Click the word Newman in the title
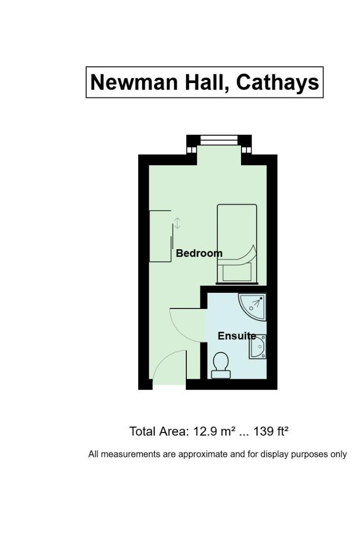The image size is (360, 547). pyautogui.click(x=135, y=83)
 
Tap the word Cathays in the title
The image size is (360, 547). pyautogui.click(x=277, y=83)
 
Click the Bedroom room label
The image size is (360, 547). pyautogui.click(x=199, y=253)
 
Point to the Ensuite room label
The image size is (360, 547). pyautogui.click(x=237, y=336)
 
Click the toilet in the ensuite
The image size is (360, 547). pyautogui.click(x=221, y=365)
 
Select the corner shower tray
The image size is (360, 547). pyautogui.click(x=253, y=306)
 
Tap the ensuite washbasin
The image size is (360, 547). pyautogui.click(x=258, y=346)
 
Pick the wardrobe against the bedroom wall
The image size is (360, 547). pyautogui.click(x=161, y=236)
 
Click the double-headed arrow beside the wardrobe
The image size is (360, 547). pyautogui.click(x=177, y=223)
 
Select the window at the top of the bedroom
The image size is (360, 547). pyautogui.click(x=219, y=140)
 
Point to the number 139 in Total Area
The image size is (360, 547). pyautogui.click(x=263, y=432)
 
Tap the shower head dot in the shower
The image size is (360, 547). pyautogui.click(x=261, y=299)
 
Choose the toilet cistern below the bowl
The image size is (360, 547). pyautogui.click(x=221, y=374)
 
